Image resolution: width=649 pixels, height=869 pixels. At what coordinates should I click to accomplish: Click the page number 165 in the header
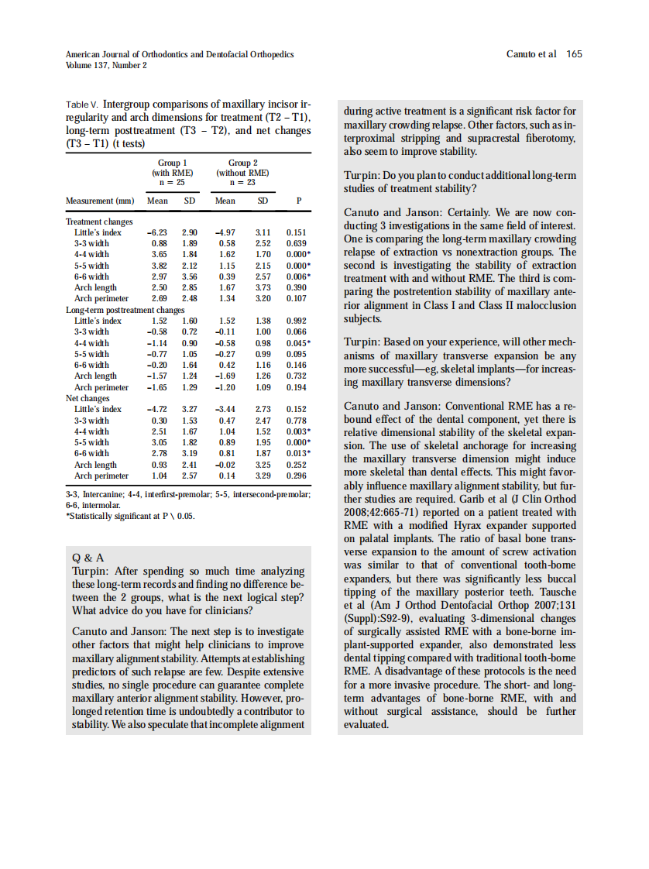tap(574, 54)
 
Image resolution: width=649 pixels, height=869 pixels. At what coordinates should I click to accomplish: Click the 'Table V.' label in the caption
tap(82, 104)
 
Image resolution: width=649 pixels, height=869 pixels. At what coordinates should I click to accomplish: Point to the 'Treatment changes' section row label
tap(99, 222)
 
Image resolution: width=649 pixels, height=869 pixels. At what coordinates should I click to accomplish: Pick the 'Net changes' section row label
tap(88, 399)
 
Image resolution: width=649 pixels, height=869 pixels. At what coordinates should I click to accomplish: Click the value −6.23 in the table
tap(156, 232)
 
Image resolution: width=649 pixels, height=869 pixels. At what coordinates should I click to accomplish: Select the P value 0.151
tap(297, 232)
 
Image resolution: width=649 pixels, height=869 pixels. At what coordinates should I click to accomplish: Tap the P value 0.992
tap(297, 321)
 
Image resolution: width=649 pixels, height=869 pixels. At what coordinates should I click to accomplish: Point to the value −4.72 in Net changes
tap(156, 409)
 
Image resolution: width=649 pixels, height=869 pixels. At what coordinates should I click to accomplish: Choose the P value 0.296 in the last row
tap(297, 476)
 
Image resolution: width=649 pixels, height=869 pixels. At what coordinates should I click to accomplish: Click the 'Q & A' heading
tap(88, 558)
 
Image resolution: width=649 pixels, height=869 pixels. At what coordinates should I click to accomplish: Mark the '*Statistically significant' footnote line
tap(130, 516)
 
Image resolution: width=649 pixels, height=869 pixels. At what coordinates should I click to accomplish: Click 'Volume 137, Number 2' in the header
tap(107, 65)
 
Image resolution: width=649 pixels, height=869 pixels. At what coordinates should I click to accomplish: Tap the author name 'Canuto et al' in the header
tap(531, 54)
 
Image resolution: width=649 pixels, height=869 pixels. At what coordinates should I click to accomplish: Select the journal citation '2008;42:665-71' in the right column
tap(373, 512)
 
